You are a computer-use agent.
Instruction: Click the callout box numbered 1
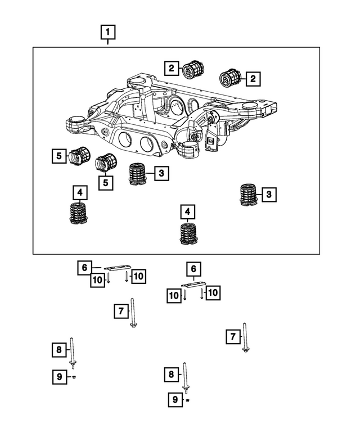(x=109, y=33)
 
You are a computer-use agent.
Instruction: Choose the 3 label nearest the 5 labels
(x=161, y=173)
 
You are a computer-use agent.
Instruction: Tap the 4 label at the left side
(x=80, y=193)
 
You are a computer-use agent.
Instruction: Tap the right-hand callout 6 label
(x=193, y=269)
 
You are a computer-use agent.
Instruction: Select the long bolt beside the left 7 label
(x=133, y=313)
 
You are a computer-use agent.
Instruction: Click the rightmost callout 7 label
(x=232, y=336)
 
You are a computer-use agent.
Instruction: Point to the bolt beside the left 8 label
(x=73, y=353)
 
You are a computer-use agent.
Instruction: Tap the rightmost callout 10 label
(x=213, y=292)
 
